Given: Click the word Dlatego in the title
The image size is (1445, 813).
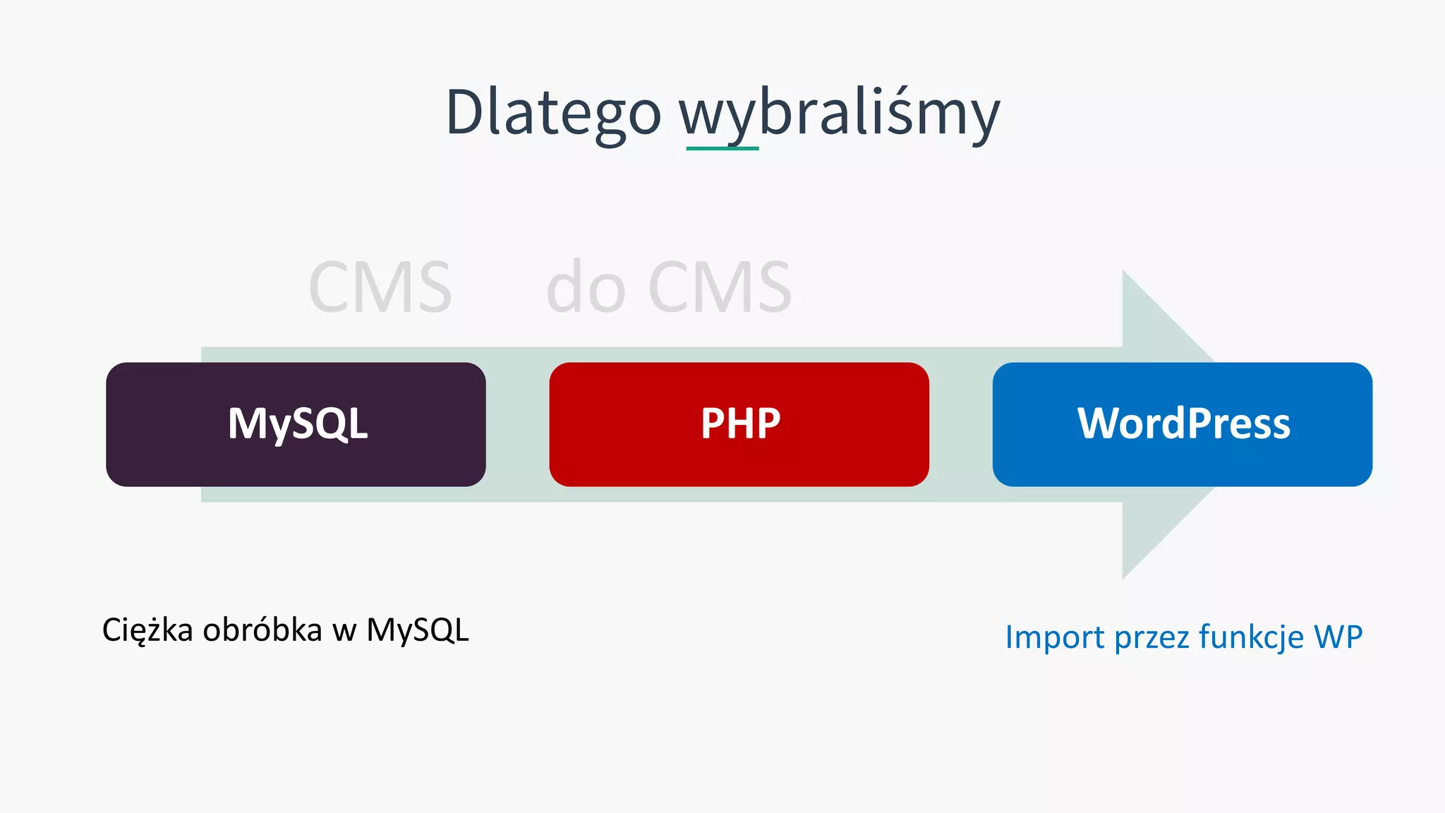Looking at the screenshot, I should (x=553, y=113).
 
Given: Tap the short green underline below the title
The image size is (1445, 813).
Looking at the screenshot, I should (x=722, y=148).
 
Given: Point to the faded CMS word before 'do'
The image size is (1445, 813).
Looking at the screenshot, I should (x=380, y=287).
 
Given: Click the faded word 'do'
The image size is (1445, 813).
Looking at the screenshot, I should (x=586, y=287).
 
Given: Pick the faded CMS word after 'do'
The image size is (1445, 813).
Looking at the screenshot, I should (x=720, y=287).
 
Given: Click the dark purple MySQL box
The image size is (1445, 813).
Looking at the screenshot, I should (x=296, y=424).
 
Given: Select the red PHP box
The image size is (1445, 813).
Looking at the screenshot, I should (x=739, y=424).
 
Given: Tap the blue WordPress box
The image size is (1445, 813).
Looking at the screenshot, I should (x=1182, y=424).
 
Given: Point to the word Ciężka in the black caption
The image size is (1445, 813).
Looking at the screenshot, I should (x=147, y=630).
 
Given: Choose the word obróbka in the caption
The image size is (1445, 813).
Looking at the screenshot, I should (x=262, y=630).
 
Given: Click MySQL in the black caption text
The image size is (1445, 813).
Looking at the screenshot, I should (x=417, y=630).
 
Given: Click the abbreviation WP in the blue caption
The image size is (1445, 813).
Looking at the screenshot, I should (x=1338, y=637).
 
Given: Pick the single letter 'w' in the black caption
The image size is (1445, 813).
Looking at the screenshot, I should (x=344, y=631).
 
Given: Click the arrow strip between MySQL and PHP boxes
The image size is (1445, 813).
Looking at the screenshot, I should (x=517, y=424).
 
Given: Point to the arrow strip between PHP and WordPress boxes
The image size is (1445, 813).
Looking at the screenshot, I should (x=960, y=424).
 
